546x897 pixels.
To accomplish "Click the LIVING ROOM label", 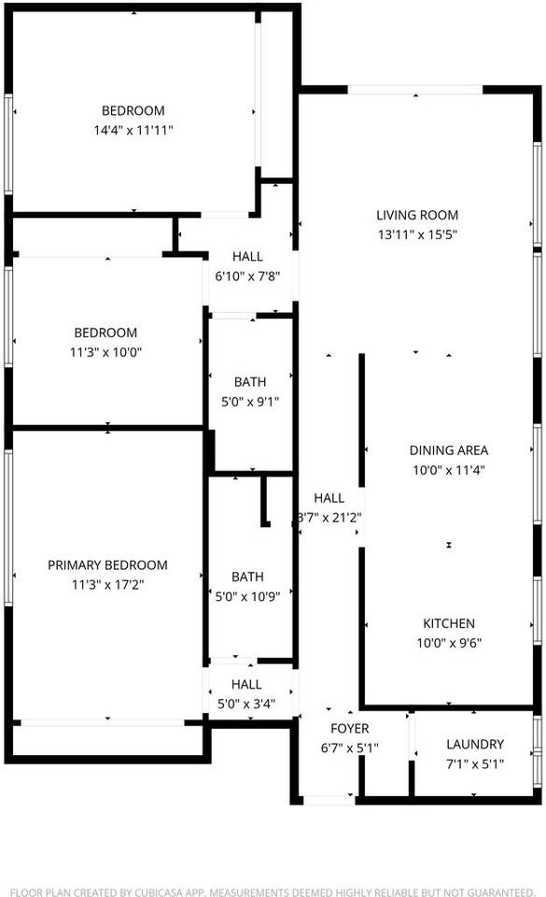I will [x=417, y=215].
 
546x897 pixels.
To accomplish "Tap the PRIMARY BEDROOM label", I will [x=107, y=565].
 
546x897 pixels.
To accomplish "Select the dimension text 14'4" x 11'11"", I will [x=133, y=131].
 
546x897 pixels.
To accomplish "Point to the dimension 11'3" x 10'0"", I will [x=105, y=352].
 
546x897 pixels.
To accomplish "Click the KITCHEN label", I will [x=450, y=623].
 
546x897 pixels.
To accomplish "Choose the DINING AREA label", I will [x=450, y=450].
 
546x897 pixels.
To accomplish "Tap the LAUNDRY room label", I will [x=474, y=745].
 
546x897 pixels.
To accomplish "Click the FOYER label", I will [x=350, y=728].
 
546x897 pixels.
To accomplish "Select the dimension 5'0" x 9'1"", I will [x=249, y=402].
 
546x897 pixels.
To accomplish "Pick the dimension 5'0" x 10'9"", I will [x=249, y=596].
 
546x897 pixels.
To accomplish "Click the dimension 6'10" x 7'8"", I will [x=247, y=276].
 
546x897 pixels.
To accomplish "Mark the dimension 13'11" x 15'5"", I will [x=417, y=235].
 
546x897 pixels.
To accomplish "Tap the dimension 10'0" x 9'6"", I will [x=450, y=643].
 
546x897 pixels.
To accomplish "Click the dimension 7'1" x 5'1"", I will [x=474, y=764].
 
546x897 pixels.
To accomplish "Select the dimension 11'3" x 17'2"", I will [x=107, y=585].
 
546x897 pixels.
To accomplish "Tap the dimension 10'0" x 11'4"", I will [x=450, y=471].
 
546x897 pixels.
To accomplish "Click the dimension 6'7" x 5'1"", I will [x=350, y=747].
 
